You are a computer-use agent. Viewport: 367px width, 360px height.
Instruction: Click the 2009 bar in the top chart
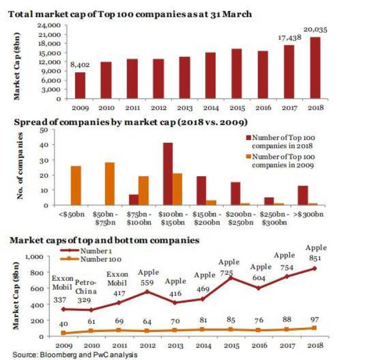point(80,85)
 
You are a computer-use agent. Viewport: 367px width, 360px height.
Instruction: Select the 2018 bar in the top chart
point(315,68)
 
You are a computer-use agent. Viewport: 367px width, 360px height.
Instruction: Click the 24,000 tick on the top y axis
point(49,26)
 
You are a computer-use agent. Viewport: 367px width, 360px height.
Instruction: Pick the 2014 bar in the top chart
point(211,75)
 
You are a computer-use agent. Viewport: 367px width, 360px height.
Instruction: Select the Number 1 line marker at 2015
point(232,278)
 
